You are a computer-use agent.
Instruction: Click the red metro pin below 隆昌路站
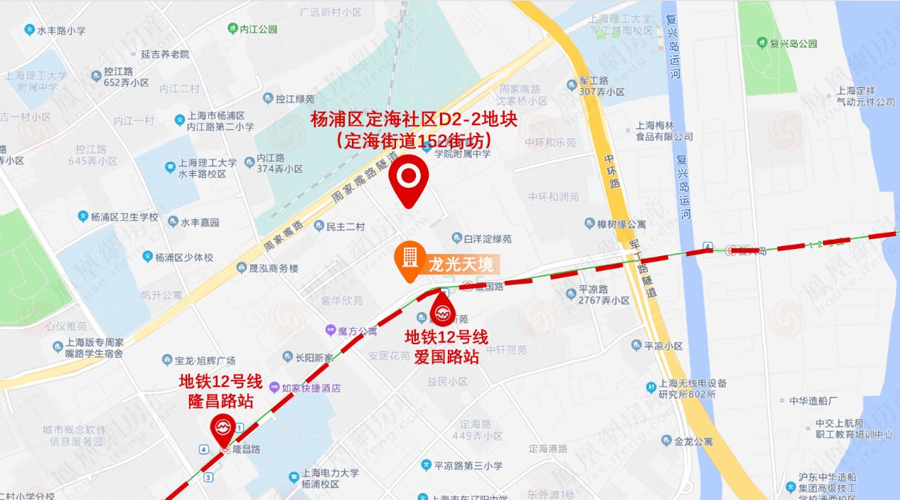point(222,428)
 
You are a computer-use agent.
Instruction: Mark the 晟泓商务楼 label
point(267,269)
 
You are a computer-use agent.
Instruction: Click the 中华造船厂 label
point(815,400)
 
